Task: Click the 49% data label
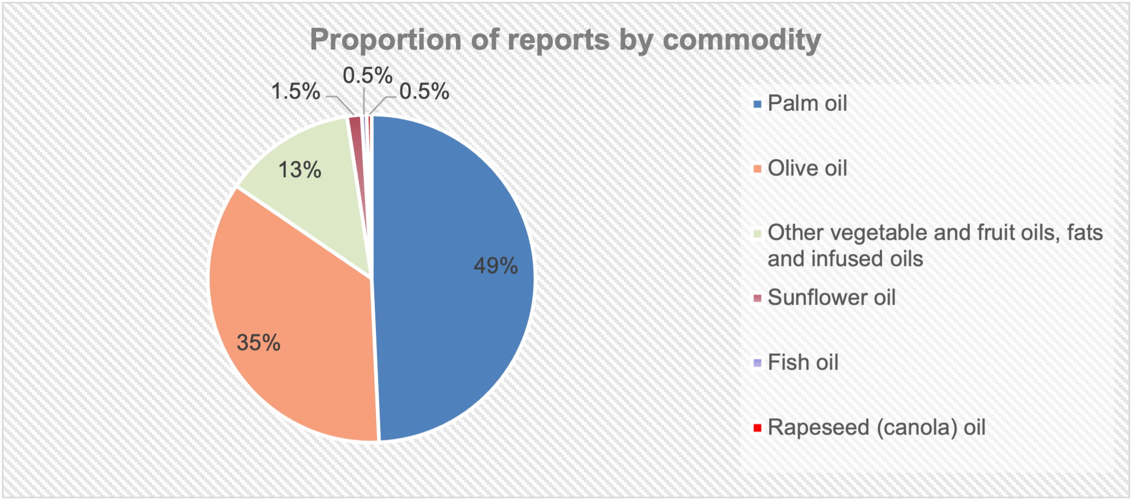(495, 266)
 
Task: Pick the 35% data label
(258, 343)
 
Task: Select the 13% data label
(300, 170)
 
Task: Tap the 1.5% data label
(295, 92)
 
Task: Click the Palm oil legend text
(807, 104)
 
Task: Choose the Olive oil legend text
(807, 168)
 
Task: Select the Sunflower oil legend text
(831, 298)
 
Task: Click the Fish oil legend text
(802, 362)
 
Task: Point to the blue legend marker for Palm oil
(757, 104)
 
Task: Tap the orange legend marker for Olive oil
(757, 169)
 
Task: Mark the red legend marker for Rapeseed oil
(757, 428)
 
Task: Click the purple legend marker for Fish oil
(757, 363)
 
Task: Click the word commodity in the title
(741, 40)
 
